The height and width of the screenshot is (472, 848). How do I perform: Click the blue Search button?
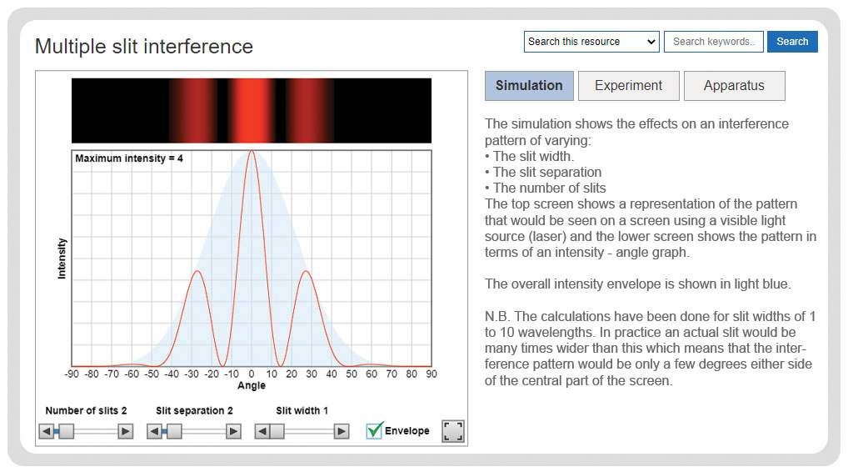[792, 42]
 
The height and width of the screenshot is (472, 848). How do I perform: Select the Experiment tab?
[628, 86]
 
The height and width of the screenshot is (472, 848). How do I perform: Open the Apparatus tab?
[734, 86]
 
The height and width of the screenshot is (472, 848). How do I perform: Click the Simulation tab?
[529, 86]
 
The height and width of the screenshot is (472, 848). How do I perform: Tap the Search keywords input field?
[714, 42]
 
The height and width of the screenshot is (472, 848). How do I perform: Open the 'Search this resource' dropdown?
[591, 42]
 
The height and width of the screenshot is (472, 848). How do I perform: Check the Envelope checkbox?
[374, 430]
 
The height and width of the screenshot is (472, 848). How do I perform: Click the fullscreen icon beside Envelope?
[452, 431]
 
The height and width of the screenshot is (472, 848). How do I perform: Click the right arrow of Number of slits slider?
[126, 431]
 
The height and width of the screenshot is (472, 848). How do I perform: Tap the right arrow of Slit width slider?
[342, 431]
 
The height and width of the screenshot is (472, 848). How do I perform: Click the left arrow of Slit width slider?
[262, 431]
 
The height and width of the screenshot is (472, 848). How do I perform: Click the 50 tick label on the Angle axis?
[352, 374]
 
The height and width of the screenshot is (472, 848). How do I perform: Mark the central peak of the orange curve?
[252, 151]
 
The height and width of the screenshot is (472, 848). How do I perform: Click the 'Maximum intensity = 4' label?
[129, 158]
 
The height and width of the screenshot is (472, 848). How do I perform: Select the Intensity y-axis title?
[62, 259]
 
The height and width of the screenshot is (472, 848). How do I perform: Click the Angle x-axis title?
[252, 385]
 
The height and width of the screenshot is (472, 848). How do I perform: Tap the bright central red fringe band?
[252, 110]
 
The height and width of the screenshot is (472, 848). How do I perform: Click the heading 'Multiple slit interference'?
[144, 47]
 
